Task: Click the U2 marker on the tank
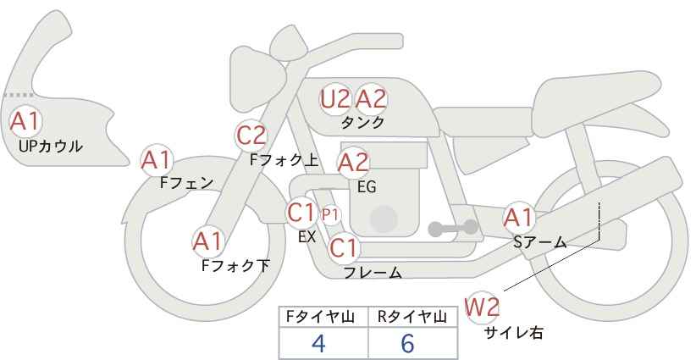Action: (x=335, y=99)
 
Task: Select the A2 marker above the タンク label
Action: (x=371, y=99)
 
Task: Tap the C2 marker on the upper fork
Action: (x=251, y=136)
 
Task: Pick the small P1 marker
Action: (x=330, y=215)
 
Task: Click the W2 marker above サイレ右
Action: (x=482, y=307)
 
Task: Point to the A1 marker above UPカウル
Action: (x=25, y=121)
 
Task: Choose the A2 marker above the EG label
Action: (x=353, y=163)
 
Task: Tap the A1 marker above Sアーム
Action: (x=518, y=218)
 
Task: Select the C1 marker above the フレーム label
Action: (x=344, y=247)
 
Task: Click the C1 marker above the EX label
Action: (x=301, y=213)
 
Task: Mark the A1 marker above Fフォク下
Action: (x=207, y=242)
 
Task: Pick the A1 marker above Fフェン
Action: (x=156, y=160)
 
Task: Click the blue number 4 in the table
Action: (x=318, y=343)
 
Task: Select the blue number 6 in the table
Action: (x=407, y=343)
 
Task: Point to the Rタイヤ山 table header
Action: (x=412, y=317)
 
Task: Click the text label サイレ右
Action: (x=514, y=333)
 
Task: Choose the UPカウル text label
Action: (x=51, y=146)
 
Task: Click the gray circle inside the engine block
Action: (x=384, y=219)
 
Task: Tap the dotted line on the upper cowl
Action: (x=18, y=95)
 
